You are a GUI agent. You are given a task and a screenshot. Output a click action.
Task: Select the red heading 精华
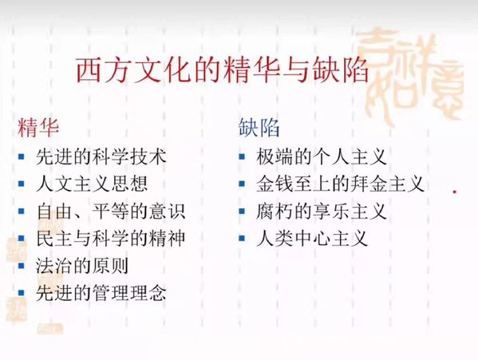point(38,128)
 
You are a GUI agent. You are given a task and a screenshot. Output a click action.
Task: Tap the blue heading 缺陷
point(259,128)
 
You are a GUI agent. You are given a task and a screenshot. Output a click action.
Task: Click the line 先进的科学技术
point(101,156)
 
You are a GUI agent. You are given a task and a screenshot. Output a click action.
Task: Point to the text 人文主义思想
point(92,184)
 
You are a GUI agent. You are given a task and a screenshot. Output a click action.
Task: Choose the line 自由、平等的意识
point(111,211)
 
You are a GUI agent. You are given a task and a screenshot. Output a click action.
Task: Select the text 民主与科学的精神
point(111,238)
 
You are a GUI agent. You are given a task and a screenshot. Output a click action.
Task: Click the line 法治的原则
point(82,266)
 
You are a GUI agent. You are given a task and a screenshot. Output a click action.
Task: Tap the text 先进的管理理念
point(101,293)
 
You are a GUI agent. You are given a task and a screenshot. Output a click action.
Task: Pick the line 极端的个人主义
point(322,156)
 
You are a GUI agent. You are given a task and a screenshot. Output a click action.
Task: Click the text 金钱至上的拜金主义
point(340,184)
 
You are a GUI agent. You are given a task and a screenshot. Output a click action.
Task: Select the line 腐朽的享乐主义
point(322,211)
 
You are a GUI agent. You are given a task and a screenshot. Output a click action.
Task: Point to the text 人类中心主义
point(312,238)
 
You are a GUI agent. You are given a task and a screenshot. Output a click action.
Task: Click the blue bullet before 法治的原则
point(21,266)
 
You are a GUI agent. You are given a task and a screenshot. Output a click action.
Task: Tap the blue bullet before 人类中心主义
point(242,238)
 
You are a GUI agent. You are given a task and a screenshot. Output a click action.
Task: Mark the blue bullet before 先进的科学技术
point(21,156)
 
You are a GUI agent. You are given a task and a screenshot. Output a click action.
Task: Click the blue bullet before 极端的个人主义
point(242,156)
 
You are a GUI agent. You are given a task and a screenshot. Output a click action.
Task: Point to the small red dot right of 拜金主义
point(455,192)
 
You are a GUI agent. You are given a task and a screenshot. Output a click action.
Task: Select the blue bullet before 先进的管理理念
point(21,293)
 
